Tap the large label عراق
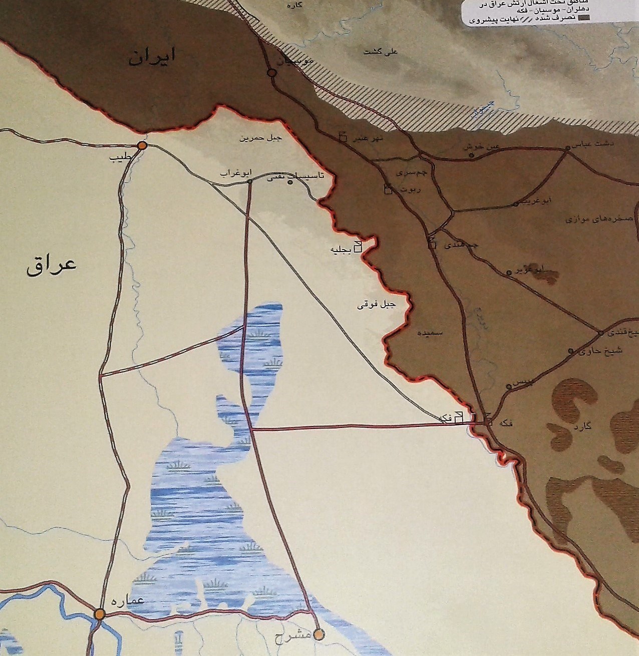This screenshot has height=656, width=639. click(52, 264)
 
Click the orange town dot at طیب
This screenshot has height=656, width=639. click(142, 146)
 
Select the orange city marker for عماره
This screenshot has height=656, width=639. click(100, 613)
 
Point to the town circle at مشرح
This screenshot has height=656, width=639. click(318, 634)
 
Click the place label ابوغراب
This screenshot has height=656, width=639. click(231, 172)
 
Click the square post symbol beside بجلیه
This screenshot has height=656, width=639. click(358, 247)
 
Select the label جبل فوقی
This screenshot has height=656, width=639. click(376, 305)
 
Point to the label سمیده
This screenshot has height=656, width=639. click(429, 332)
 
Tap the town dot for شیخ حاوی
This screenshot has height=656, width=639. click(571, 352)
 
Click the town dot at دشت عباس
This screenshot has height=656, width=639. click(567, 148)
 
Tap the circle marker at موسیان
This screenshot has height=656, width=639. click(272, 73)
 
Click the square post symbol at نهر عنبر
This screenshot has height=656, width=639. click(343, 137)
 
